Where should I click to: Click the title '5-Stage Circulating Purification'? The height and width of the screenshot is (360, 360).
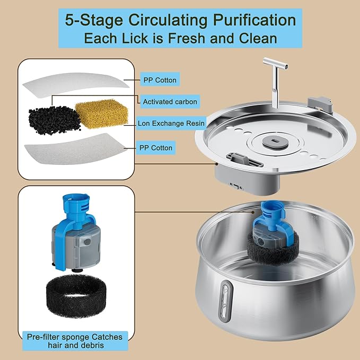tap(180, 20)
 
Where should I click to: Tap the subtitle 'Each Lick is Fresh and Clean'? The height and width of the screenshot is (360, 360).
tap(180, 38)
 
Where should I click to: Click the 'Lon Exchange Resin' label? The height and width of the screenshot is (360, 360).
tap(171, 123)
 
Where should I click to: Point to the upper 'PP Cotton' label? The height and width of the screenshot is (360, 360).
tap(160, 80)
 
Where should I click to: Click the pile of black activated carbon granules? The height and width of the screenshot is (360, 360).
tap(53, 116)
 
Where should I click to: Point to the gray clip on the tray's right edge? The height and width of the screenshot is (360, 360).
tap(320, 103)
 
